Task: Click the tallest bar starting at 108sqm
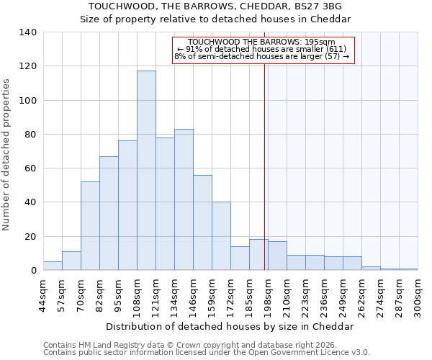pos(146,171)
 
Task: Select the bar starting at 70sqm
pos(90,226)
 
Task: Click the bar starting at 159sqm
pos(221,236)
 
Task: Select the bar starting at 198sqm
pos(277,256)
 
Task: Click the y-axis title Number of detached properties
pos(7,155)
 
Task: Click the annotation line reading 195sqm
pos(264,42)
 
